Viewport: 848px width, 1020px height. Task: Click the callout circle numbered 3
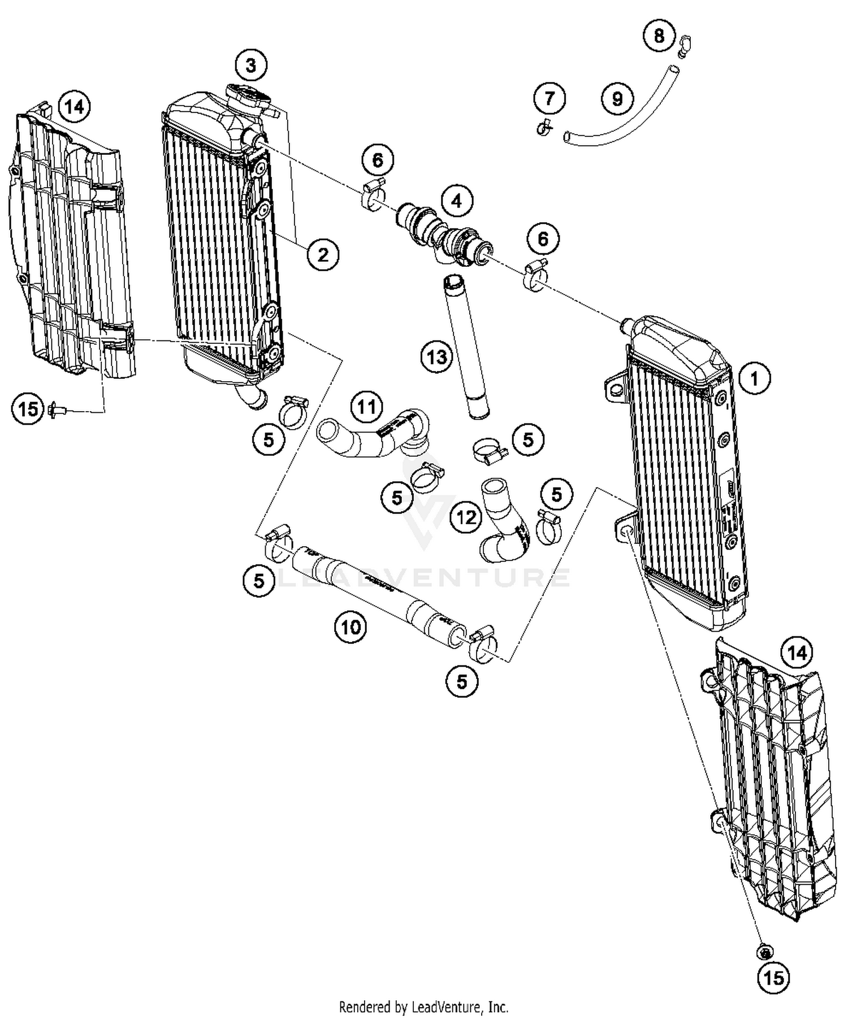pos(251,66)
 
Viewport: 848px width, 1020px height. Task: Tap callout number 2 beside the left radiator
pos(323,254)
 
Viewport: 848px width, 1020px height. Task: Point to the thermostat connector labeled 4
pos(445,234)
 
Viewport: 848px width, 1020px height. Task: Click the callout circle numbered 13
pos(436,357)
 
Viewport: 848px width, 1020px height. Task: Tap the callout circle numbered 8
pos(659,36)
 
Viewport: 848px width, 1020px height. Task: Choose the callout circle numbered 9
pos(617,99)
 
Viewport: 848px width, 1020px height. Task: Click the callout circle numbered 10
pos(351,626)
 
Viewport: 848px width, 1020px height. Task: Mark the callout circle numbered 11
pos(366,407)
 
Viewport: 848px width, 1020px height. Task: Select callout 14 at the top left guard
pos(74,106)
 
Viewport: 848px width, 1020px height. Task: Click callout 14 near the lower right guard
pos(797,654)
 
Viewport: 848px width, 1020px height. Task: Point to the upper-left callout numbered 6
pos(378,161)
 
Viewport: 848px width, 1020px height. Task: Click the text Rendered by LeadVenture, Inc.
pos(423,1007)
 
